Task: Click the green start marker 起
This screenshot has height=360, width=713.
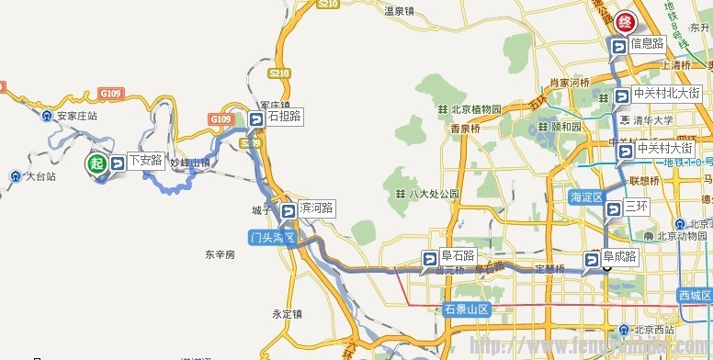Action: pos(96,165)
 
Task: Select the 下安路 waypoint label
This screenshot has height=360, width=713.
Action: pos(145,162)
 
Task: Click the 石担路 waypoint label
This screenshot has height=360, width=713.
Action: pos(284,117)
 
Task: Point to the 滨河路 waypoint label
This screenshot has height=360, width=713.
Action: pos(317,208)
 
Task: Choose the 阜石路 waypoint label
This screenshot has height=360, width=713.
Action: pos(457,256)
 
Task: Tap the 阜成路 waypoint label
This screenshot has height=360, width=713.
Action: pos(619,257)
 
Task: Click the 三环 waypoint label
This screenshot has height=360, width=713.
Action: pos(637,207)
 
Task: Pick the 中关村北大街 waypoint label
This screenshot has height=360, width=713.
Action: pos(668,94)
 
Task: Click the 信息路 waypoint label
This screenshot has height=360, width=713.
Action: pos(647,43)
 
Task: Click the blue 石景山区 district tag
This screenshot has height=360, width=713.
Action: pos(467,309)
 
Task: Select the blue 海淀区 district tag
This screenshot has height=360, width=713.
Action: pos(585,197)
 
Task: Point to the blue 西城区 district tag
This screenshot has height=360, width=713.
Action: pos(695,295)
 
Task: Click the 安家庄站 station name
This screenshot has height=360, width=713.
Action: pos(77,117)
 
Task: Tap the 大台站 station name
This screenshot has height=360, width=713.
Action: pos(40,176)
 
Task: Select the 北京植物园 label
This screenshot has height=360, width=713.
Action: pos(477,109)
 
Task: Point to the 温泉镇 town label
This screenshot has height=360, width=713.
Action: pos(400,11)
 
